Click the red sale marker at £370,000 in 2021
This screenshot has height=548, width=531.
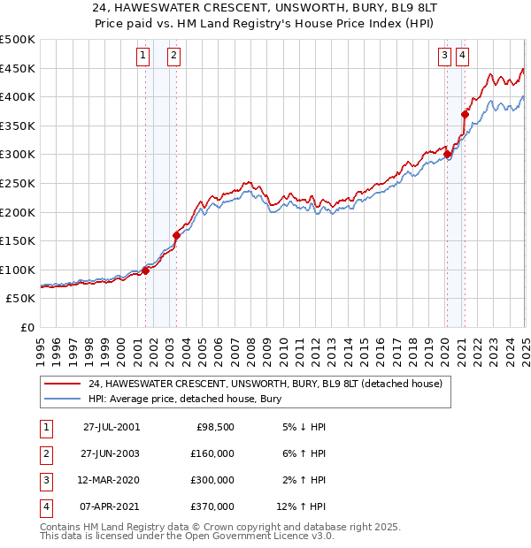[465, 114]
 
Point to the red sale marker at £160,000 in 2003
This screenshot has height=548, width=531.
[176, 235]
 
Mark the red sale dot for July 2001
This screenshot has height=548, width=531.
[146, 270]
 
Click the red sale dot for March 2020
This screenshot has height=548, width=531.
[448, 155]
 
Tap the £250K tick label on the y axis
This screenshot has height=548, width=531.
[18, 183]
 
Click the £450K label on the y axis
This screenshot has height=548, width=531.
[18, 68]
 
